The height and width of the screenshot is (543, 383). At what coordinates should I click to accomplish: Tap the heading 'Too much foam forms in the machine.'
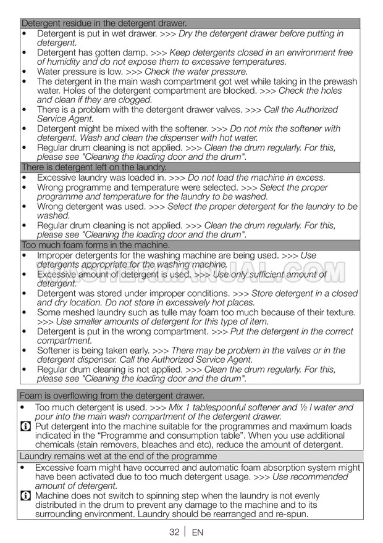(95, 245)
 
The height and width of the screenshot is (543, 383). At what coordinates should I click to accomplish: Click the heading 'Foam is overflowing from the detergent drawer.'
(112, 396)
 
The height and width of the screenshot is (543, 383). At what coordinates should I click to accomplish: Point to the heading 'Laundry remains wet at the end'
(118, 456)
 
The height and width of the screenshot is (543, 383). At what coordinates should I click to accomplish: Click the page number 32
(174, 532)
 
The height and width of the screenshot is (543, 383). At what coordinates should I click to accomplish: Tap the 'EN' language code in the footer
(198, 532)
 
